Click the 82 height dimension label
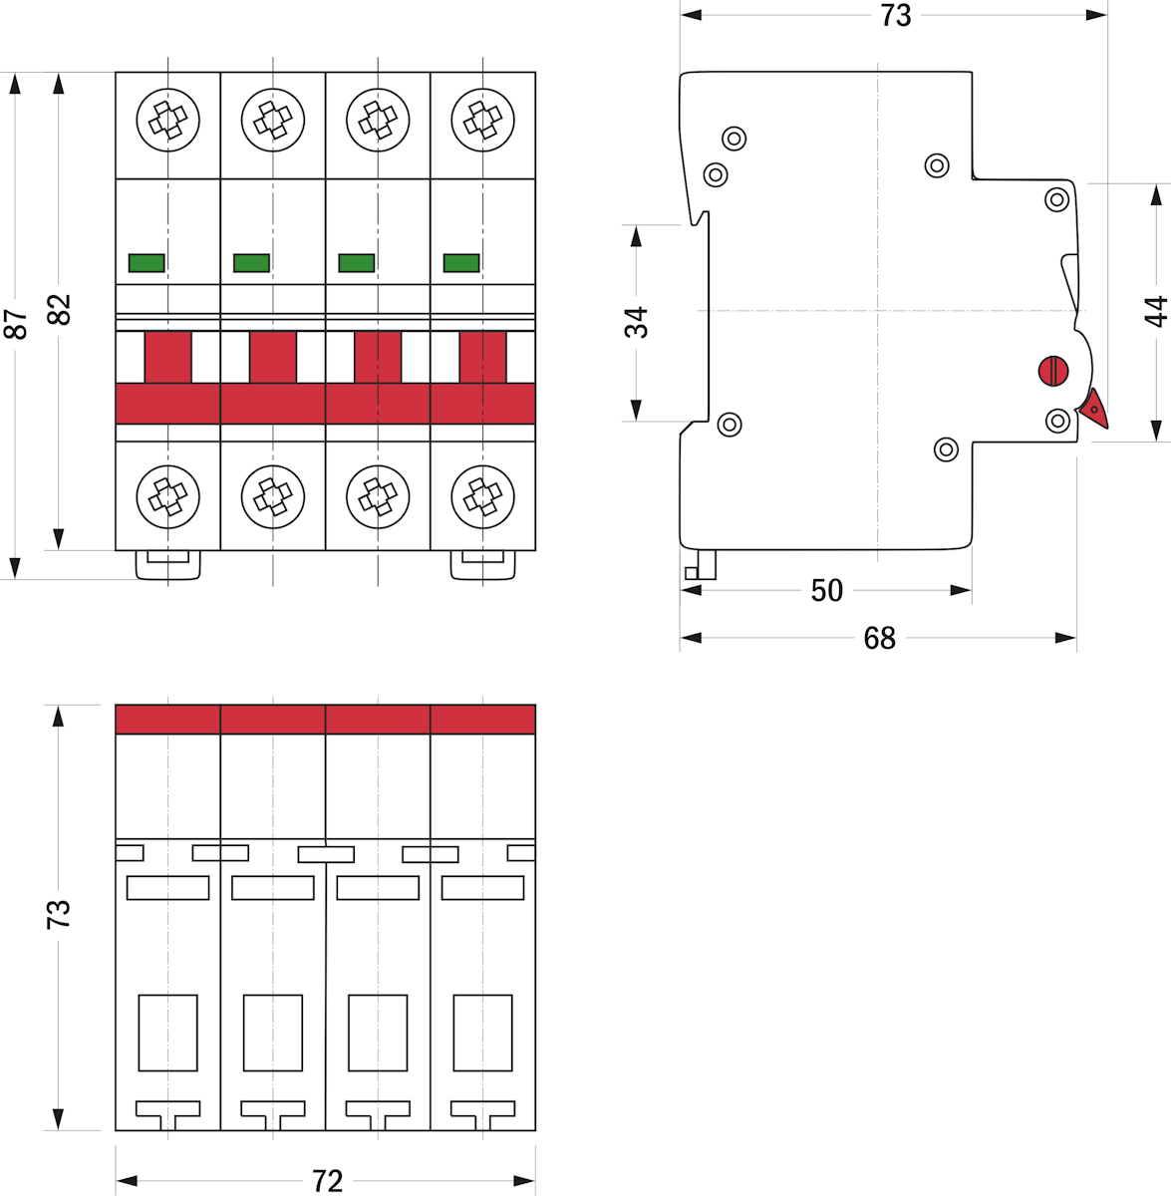(59, 310)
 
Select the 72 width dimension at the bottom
(327, 1181)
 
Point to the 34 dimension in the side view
(636, 322)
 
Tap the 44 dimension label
(1155, 311)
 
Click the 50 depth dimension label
(826, 590)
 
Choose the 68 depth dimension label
(879, 638)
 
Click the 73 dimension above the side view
(895, 16)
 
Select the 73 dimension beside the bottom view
(59, 914)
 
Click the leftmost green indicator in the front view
(146, 263)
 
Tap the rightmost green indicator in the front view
(461, 263)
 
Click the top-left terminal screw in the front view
(167, 121)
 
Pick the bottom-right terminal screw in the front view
(482, 495)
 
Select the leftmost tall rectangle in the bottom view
(167, 1033)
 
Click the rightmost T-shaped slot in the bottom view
(482, 1109)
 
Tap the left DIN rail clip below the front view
(167, 565)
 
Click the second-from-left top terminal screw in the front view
(272, 121)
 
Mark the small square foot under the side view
(692, 573)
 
